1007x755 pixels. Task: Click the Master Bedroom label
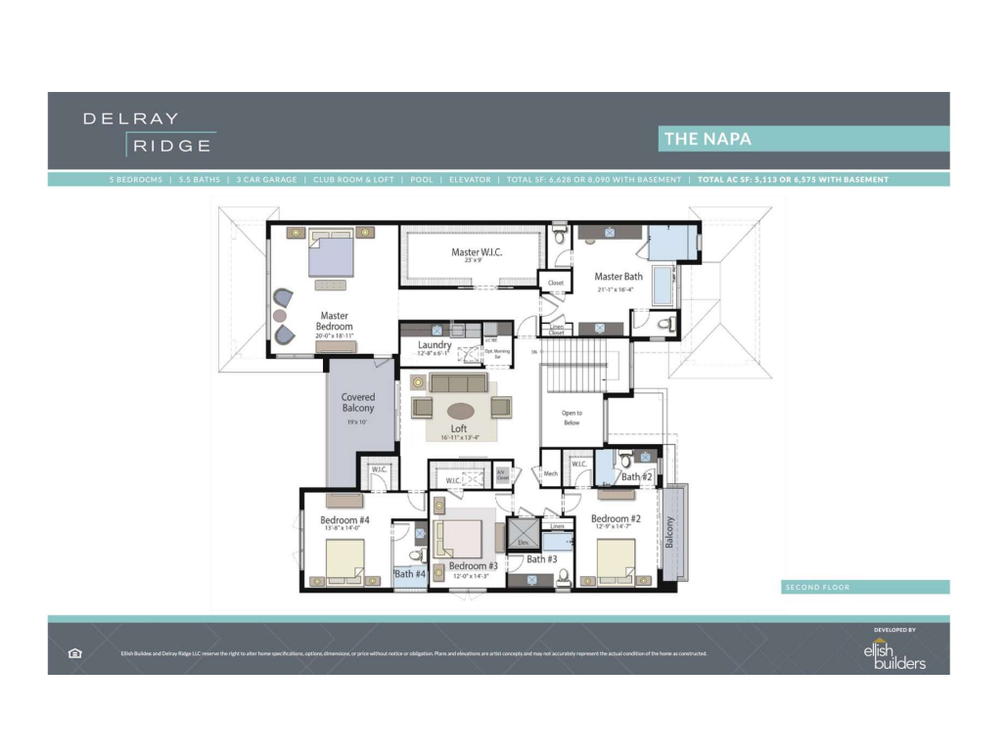pyautogui.click(x=334, y=322)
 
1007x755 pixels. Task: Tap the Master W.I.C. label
pyautogui.click(x=479, y=252)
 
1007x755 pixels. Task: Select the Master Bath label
pyautogui.click(x=618, y=277)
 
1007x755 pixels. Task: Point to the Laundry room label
pyautogui.click(x=435, y=345)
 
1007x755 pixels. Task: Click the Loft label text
pyautogui.click(x=458, y=428)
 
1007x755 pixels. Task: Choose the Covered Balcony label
pyautogui.click(x=358, y=403)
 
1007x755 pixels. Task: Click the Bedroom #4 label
pyautogui.click(x=344, y=520)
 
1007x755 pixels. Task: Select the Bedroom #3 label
pyautogui.click(x=475, y=566)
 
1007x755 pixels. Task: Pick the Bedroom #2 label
pyautogui.click(x=616, y=518)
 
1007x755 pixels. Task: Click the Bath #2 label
pyautogui.click(x=636, y=477)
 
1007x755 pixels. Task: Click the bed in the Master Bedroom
pyautogui.click(x=332, y=256)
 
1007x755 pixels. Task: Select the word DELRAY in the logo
pyautogui.click(x=130, y=118)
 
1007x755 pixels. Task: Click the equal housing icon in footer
pyautogui.click(x=75, y=653)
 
